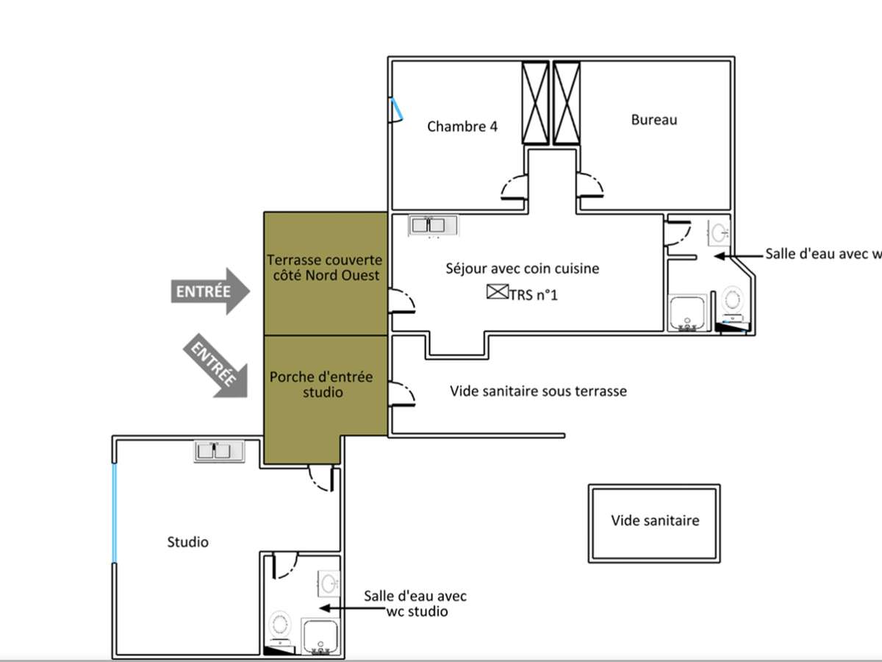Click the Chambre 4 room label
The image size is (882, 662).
pyautogui.click(x=462, y=127)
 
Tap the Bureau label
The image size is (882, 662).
pyautogui.click(x=654, y=120)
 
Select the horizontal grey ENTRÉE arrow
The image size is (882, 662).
pyautogui.click(x=210, y=291)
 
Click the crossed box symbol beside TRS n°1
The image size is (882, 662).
pyautogui.click(x=498, y=292)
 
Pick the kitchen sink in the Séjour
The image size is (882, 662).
pyautogui.click(x=432, y=226)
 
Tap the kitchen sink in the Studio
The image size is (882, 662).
pyautogui.click(x=219, y=452)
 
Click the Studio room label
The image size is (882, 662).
pyautogui.click(x=187, y=542)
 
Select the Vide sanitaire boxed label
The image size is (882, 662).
pyautogui.click(x=654, y=523)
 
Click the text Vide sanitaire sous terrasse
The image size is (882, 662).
pyautogui.click(x=538, y=391)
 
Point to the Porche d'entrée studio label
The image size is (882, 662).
pyautogui.click(x=321, y=385)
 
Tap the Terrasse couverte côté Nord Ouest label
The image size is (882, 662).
pyautogui.click(x=325, y=268)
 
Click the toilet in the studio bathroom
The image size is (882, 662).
pyautogui.click(x=280, y=633)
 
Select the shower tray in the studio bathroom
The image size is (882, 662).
pyautogui.click(x=320, y=636)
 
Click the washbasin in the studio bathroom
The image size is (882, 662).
pyautogui.click(x=329, y=583)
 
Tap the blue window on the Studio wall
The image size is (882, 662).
pyautogui.click(x=115, y=513)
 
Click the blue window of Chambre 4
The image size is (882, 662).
pyautogui.click(x=397, y=109)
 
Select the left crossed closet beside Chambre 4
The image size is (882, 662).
pyautogui.click(x=535, y=102)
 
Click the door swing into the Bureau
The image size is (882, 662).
pyautogui.click(x=590, y=185)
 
